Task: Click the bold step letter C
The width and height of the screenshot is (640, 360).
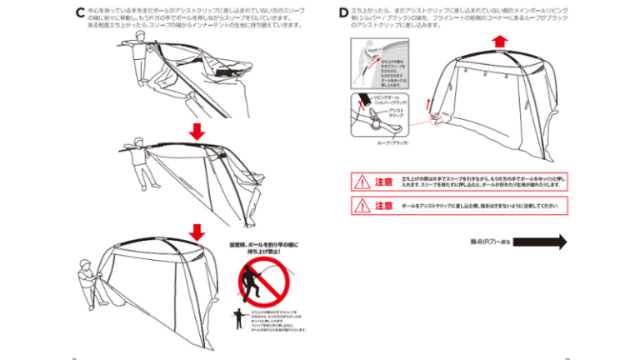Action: point(78,13)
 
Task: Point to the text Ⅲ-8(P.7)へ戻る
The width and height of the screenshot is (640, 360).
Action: point(490,242)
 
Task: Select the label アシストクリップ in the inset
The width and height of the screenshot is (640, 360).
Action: point(397,113)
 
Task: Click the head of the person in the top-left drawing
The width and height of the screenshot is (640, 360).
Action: point(149,47)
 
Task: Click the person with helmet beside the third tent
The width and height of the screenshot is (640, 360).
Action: point(87,279)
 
